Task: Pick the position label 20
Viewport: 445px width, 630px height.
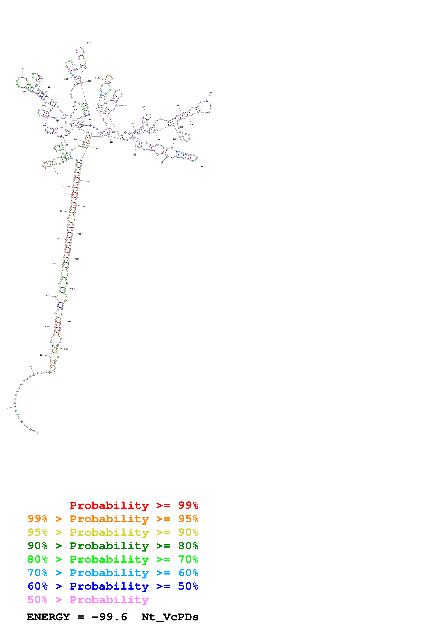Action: click(31, 367)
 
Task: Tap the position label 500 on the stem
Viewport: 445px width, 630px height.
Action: click(87, 182)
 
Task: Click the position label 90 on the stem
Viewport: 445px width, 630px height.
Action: click(64, 186)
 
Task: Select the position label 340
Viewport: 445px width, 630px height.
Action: click(125, 106)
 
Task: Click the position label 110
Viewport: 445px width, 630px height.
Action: click(56, 174)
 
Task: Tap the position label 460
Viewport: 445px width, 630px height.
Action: click(161, 163)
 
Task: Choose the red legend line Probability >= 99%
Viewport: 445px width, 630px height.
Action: click(134, 505)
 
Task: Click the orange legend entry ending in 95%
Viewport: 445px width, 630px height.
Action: click(113, 519)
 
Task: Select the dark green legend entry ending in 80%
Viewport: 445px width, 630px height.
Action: click(113, 546)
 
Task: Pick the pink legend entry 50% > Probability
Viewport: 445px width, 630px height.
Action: click(88, 599)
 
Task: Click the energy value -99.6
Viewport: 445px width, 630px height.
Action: click(109, 617)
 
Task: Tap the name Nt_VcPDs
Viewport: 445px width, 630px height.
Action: click(170, 617)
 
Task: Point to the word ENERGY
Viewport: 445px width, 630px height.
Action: click(48, 617)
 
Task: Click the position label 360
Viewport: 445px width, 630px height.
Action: click(143, 107)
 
